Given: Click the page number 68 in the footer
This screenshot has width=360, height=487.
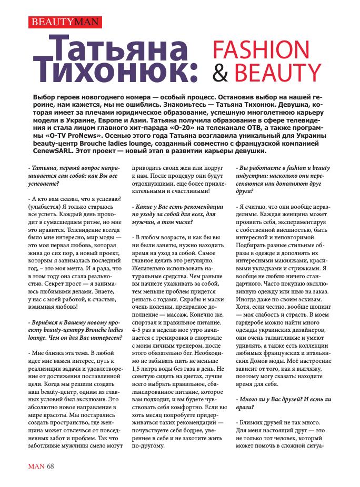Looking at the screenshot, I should point(51,465).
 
